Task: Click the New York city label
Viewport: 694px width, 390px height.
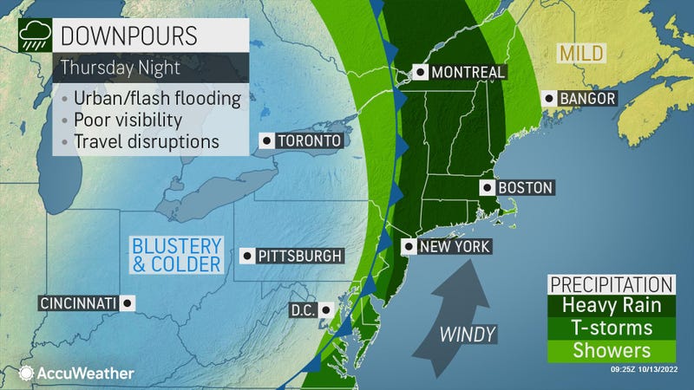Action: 455,247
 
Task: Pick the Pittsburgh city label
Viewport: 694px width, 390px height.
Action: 300,256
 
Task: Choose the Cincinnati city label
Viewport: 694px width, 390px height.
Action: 78,302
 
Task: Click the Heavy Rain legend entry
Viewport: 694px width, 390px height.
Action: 611,306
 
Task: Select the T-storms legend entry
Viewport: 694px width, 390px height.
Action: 611,328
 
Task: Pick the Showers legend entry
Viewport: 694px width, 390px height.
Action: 611,351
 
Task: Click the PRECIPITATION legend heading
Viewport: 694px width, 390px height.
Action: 611,284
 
